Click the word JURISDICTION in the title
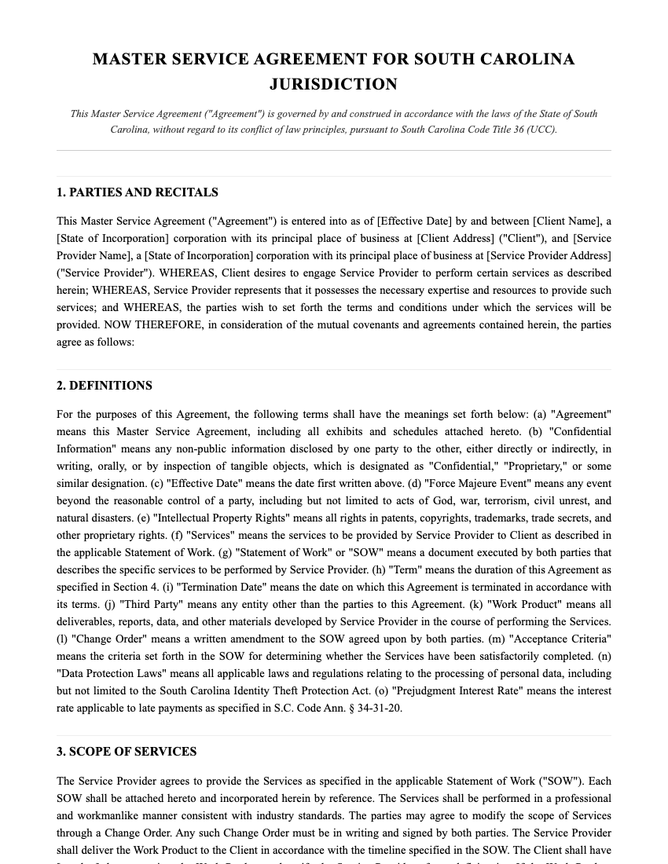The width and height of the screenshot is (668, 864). pos(333,84)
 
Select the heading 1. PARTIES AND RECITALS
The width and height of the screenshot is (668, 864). pos(138,192)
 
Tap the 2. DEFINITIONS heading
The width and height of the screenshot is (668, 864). pos(105,386)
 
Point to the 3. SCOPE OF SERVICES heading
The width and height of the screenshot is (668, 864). pos(127,752)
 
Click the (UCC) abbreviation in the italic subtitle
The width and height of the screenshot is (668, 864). pos(541,130)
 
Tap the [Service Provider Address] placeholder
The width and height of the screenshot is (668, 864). pos(549,256)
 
